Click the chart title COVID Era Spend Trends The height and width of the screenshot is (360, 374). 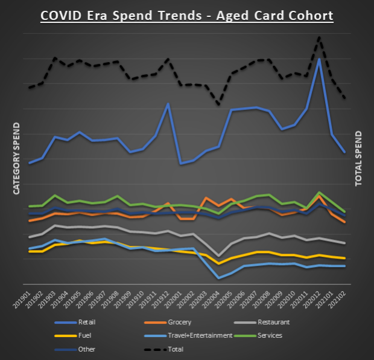pos(186,14)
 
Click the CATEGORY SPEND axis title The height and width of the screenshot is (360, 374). pos(17,158)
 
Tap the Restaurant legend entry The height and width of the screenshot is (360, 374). pos(273,323)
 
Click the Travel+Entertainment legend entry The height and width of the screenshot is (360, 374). pos(195,336)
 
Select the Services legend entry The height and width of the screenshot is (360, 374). pos(270,336)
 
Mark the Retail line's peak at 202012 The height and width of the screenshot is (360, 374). pos(319,59)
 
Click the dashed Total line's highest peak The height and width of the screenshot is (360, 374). pos(319,37)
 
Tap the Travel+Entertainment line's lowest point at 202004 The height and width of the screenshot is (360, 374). pos(219,278)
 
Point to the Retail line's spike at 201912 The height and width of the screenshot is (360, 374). pos(168,104)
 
